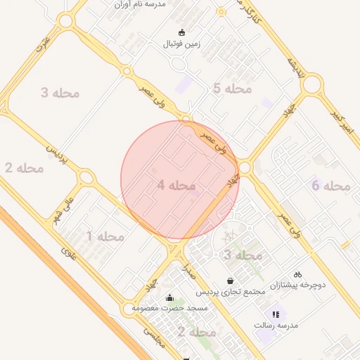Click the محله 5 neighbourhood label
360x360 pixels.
[232, 89]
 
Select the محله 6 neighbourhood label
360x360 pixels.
[330, 186]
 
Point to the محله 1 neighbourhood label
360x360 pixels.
[105, 236]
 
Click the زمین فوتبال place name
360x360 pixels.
[182, 44]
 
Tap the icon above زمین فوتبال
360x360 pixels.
[182, 32]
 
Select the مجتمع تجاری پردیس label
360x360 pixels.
[230, 291]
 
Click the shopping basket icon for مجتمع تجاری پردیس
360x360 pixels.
[230, 281]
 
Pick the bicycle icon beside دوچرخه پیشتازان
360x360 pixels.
[298, 274]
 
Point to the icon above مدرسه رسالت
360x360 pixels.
[276, 314]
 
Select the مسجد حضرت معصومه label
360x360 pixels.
[169, 308]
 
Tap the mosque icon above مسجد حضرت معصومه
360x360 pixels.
[169, 297]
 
